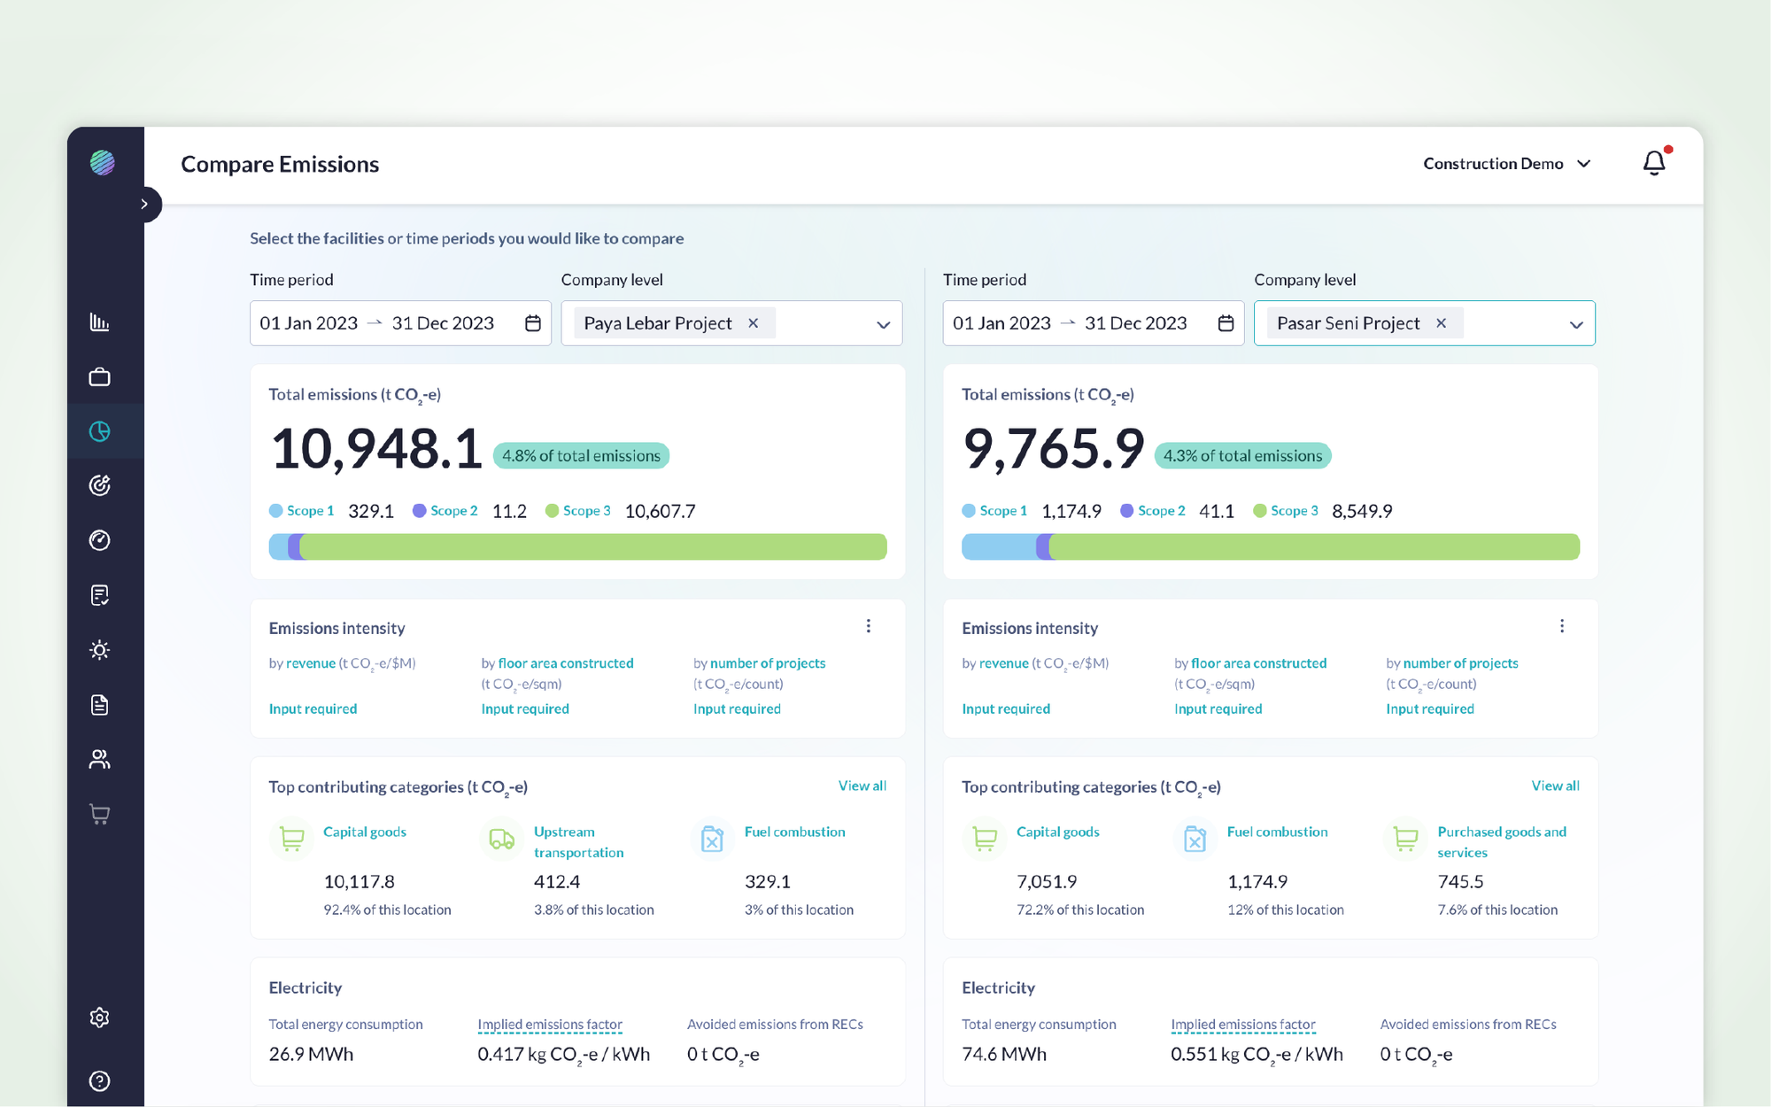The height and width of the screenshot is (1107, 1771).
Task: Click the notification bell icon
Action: coord(1653,163)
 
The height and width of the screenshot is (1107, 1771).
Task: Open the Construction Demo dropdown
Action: coord(1506,164)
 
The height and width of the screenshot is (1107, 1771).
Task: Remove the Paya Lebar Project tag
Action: coord(753,323)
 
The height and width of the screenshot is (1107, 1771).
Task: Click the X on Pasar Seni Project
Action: coord(1441,323)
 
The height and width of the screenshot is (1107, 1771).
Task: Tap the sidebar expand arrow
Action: coord(144,205)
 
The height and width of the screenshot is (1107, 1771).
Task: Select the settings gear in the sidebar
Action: coord(100,1018)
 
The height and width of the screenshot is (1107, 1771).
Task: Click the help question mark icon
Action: coord(100,1080)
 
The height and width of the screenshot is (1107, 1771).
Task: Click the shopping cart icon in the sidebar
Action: coord(100,815)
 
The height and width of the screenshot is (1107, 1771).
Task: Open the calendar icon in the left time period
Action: coord(532,323)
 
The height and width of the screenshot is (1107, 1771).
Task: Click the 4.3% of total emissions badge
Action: coord(1242,456)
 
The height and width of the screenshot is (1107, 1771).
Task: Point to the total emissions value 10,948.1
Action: coord(375,449)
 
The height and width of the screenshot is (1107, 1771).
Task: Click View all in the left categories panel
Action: coord(862,786)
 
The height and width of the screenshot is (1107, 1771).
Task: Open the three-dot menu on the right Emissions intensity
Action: coord(1561,626)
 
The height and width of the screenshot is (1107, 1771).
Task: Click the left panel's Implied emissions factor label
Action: coord(549,1024)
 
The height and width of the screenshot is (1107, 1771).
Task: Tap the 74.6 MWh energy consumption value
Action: coord(1003,1054)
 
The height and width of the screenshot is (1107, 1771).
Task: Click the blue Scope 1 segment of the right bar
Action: coord(998,546)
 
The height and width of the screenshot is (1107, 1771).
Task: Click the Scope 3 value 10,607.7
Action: coord(660,511)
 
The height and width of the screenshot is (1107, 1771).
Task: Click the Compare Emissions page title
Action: coord(280,165)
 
